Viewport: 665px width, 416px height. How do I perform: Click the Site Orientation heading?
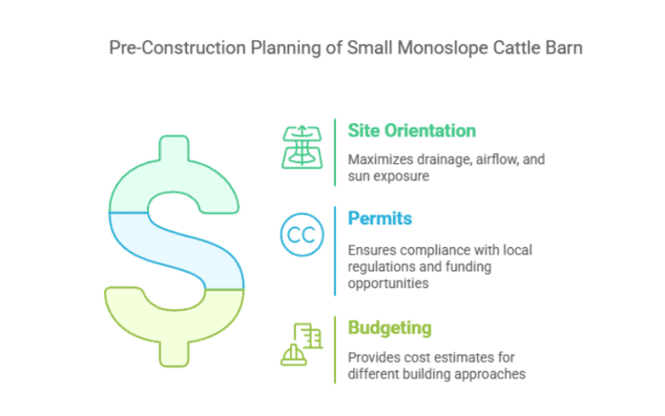(411, 131)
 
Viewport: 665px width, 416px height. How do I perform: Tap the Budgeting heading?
(390, 328)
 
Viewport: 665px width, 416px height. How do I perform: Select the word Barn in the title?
(564, 48)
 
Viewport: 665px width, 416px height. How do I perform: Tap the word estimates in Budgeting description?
(456, 357)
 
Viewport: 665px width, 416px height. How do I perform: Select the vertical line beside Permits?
(335, 250)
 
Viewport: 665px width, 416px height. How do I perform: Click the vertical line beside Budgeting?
(335, 349)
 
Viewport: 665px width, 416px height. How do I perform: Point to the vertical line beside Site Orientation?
(335, 152)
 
